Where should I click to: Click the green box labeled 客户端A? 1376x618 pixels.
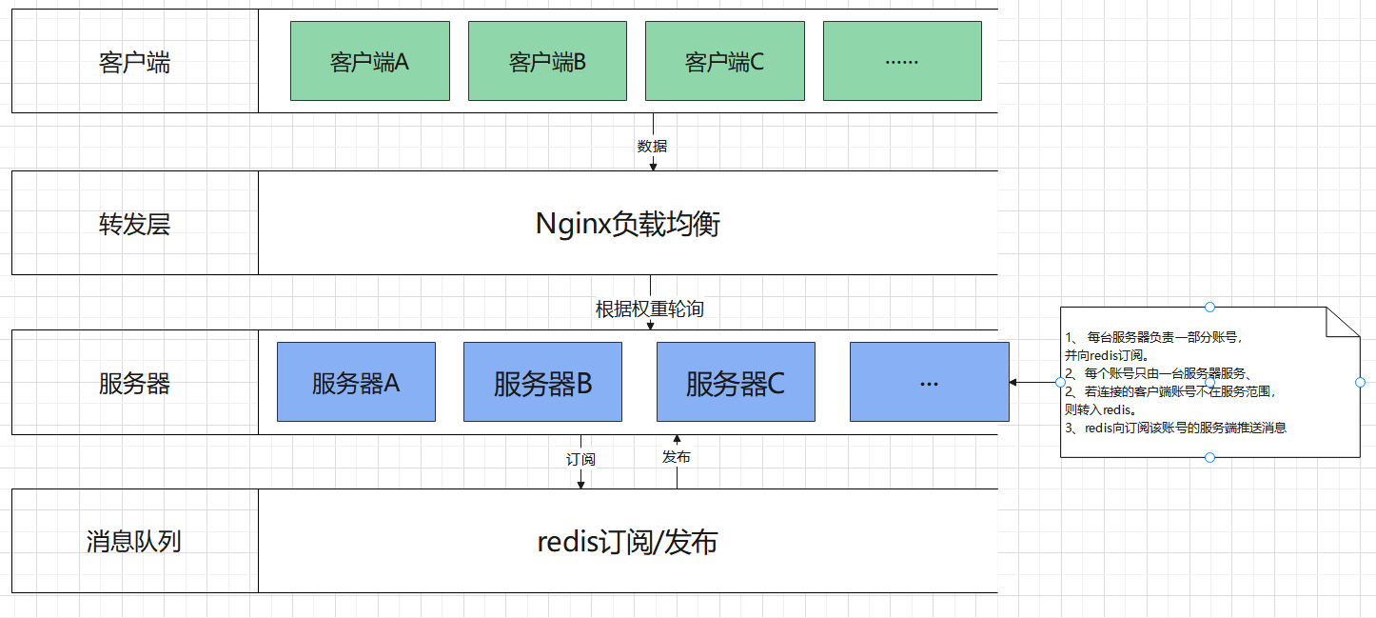[369, 61]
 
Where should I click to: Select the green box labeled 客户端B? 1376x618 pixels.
[547, 61]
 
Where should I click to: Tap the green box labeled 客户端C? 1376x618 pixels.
[724, 61]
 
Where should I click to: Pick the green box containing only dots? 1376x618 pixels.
[901, 61]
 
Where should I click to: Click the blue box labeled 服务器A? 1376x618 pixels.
[356, 382]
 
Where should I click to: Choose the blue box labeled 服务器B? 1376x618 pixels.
[542, 382]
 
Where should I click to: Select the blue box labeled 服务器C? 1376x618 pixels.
[736, 382]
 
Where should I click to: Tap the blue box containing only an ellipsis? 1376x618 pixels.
[929, 382]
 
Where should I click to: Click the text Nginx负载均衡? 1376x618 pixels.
[628, 224]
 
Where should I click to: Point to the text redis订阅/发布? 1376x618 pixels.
[627, 542]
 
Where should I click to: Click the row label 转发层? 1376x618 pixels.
[134, 224]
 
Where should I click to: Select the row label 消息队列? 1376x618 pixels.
[134, 542]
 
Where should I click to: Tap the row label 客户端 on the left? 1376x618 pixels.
[134, 63]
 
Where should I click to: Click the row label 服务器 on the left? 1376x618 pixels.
[134, 383]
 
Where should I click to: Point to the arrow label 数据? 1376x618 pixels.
[652, 146]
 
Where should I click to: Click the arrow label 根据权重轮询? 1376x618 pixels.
[650, 309]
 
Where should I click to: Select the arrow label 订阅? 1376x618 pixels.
[580, 459]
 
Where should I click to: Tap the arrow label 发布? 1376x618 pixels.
[677, 457]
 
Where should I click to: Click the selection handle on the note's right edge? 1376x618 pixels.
[1360, 382]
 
